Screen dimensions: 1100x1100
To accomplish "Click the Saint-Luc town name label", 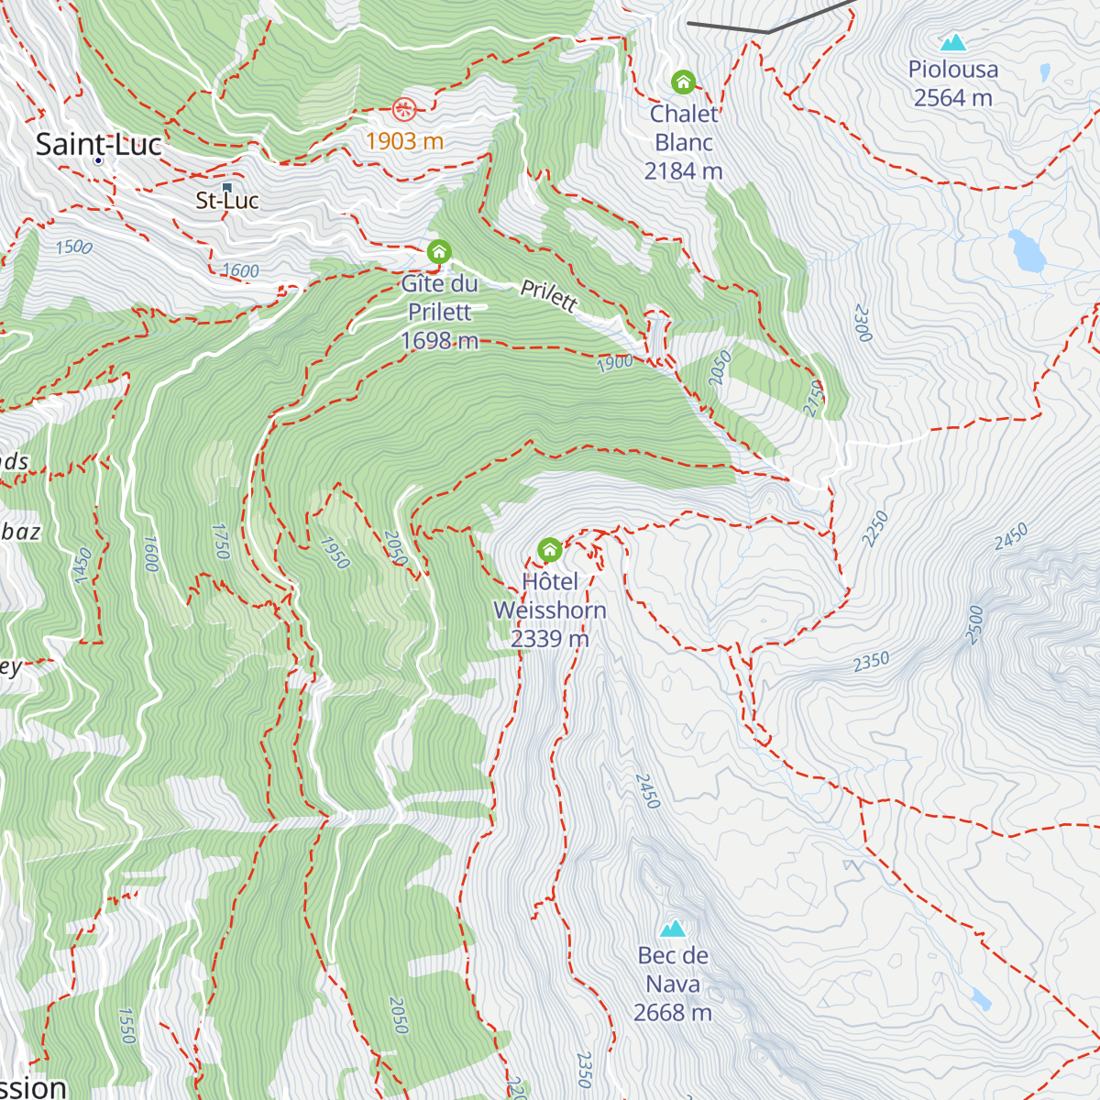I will pos(98,145).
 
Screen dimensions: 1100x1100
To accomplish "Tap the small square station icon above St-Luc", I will pos(227,187).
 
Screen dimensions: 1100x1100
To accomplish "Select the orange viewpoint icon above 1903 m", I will pos(404,110).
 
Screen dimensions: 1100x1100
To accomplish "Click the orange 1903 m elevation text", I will pos(404,141).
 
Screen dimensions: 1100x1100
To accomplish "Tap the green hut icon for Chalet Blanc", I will pos(683,82).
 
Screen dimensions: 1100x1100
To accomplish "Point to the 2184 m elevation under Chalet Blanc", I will pos(683,171).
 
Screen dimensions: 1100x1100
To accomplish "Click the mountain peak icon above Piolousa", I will pos(953,42).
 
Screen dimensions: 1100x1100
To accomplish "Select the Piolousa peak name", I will pos(953,70).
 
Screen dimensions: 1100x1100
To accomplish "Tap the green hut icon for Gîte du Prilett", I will pos(439,251).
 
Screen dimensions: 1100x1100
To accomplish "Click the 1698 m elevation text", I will pos(439,341).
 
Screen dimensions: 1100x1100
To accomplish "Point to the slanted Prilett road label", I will pos(549,295).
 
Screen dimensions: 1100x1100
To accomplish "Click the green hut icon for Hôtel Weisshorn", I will pos(549,550).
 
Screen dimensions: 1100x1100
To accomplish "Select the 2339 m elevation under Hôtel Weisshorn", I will pos(549,639).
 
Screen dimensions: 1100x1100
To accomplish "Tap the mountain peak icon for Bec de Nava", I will pos(673,929).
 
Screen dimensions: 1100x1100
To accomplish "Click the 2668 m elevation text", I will pos(673,1013).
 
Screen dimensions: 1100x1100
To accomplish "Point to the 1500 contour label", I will pos(73,247).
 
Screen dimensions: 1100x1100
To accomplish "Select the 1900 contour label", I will pos(614,363).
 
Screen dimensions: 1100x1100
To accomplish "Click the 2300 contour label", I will pos(862,323).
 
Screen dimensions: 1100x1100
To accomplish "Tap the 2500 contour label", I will pos(974,625).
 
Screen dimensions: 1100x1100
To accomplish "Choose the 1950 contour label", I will pos(335,552).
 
